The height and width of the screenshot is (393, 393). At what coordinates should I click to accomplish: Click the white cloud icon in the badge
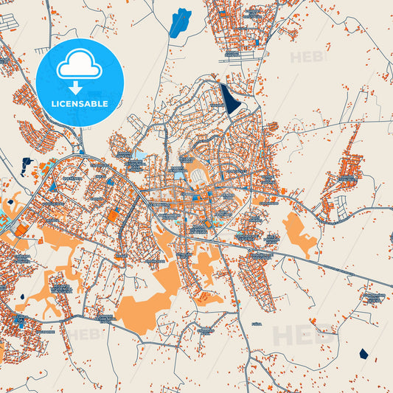[x=79, y=67]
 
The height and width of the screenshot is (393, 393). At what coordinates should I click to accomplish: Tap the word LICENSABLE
[x=79, y=104]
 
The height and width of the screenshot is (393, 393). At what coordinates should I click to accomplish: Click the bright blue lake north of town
[x=179, y=23]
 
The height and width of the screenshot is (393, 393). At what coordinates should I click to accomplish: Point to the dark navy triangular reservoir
[x=231, y=100]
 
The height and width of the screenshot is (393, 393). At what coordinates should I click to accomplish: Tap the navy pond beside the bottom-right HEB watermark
[x=363, y=353]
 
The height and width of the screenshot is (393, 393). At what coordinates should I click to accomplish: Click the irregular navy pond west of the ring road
[x=27, y=165]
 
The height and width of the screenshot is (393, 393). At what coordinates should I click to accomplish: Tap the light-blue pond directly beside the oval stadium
[x=180, y=175]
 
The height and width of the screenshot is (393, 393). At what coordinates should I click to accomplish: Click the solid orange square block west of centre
[x=112, y=215]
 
